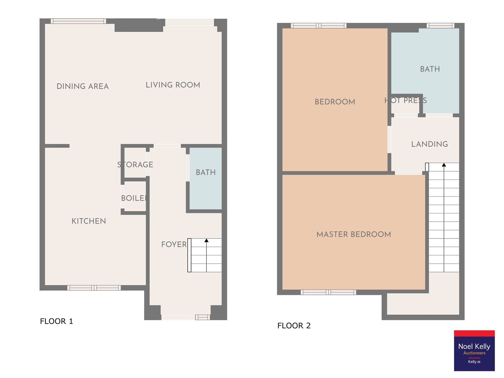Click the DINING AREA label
83,86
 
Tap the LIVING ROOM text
173,85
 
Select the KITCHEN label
89,221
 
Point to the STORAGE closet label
135,164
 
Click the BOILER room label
134,198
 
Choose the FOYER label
174,244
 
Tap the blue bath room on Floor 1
206,178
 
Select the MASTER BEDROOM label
354,234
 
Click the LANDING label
429,144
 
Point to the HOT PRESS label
406,100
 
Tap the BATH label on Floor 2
430,69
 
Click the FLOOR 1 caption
56,321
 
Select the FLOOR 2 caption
294,326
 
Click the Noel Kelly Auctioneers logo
474,351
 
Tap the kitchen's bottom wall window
94,288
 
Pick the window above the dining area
78,21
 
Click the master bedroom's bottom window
328,292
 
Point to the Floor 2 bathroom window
440,26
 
